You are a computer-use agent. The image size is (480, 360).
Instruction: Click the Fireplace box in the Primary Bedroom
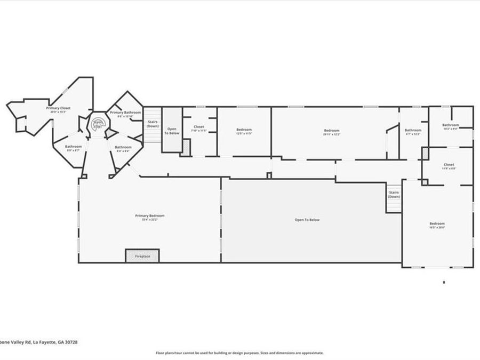142,256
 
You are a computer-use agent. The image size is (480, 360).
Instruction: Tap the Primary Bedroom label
149,216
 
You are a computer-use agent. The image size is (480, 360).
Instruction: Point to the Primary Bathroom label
125,113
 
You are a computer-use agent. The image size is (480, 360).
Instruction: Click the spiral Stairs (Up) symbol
98,123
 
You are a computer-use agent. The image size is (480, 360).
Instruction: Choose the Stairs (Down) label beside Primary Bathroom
153,124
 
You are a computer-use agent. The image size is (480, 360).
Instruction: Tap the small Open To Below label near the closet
172,131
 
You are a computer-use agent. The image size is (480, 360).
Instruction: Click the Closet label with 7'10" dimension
198,127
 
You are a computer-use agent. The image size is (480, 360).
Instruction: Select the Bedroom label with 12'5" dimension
244,130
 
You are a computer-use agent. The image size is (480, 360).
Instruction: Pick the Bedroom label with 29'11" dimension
331,131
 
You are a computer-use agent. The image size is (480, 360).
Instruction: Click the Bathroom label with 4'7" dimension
413,131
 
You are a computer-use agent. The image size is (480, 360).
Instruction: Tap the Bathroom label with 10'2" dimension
450,125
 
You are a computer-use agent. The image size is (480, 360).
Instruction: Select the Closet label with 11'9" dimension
449,165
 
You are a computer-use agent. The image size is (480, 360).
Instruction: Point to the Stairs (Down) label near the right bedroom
394,194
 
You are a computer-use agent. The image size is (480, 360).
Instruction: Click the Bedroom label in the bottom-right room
437,224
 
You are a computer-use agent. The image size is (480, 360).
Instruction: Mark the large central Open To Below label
307,220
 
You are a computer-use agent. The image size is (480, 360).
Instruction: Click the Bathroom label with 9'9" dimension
73,147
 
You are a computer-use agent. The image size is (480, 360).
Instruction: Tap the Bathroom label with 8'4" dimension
123,147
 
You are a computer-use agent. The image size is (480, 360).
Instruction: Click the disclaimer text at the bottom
239,353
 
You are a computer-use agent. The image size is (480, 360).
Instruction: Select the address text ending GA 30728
39,342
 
